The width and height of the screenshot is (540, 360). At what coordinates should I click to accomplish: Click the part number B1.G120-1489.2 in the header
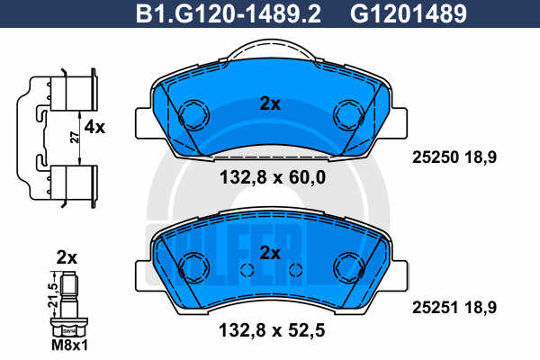tap(229, 14)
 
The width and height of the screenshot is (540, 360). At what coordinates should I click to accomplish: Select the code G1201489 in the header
tap(409, 14)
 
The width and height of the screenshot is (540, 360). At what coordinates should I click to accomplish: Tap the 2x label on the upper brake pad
tap(270, 103)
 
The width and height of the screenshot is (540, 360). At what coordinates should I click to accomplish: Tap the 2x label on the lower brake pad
tap(270, 253)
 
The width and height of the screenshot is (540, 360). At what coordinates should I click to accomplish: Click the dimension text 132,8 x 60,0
tap(273, 178)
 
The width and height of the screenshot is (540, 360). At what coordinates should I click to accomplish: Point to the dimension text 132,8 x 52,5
tap(272, 330)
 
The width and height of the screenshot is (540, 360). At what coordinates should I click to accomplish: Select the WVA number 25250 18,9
tap(454, 157)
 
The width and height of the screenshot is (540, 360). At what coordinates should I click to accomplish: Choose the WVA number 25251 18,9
tap(454, 307)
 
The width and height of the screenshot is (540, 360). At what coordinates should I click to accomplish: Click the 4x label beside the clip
tap(94, 128)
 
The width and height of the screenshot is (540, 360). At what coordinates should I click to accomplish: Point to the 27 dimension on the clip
tap(75, 137)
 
